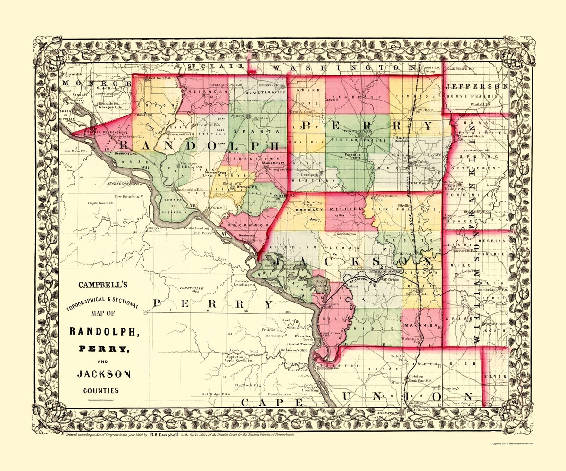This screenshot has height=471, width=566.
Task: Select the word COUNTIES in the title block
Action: point(101,390)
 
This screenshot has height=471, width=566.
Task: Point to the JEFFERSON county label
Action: point(477,87)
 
